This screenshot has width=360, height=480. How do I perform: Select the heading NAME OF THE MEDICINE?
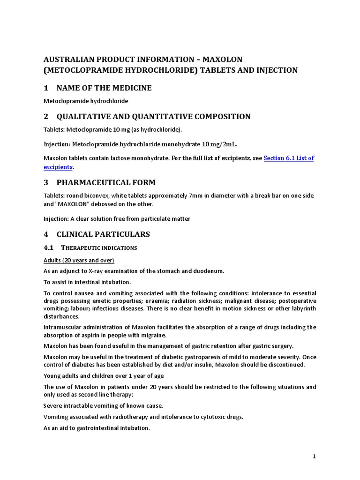point(104,88)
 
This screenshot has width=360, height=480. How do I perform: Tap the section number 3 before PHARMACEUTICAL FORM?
point(46,182)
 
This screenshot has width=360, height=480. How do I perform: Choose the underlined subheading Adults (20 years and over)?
point(79,260)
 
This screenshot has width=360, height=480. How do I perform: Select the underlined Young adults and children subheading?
point(104,375)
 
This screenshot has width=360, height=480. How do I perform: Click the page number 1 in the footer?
point(315,456)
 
